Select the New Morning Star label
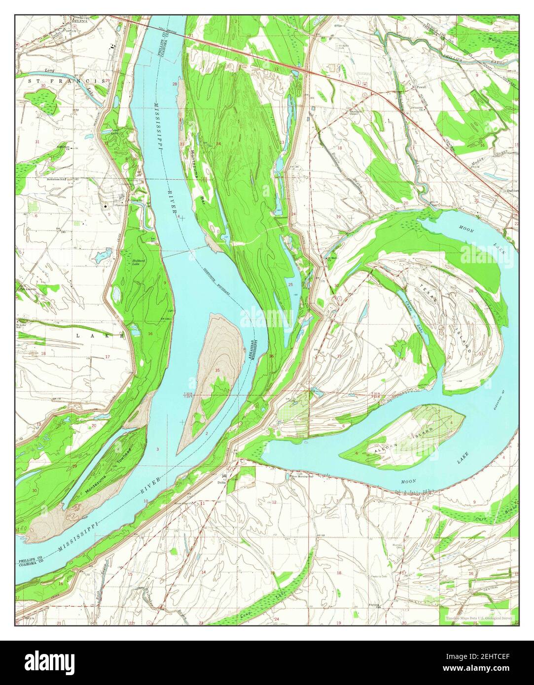303,477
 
